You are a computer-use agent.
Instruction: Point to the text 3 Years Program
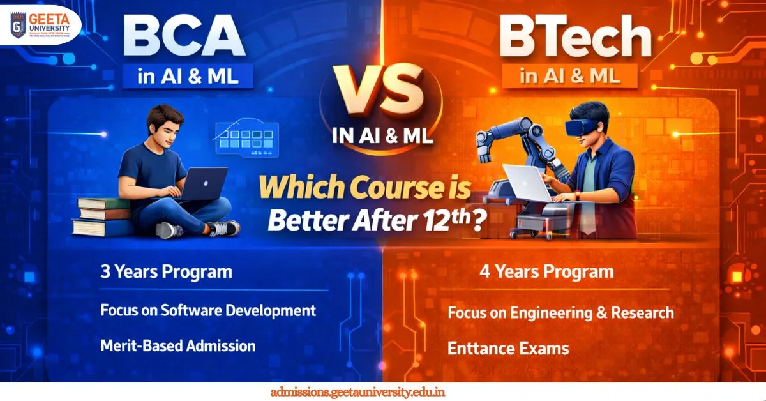coord(166,272)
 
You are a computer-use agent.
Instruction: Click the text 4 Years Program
coord(546,272)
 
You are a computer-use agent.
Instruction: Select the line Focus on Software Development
coord(208,310)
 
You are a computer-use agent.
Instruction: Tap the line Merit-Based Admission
coord(178,346)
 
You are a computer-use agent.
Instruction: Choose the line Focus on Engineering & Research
coord(560,313)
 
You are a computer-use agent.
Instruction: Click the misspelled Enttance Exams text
coord(508,349)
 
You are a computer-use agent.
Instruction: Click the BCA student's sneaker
coord(223,228)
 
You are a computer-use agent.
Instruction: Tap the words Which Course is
coord(364,190)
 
